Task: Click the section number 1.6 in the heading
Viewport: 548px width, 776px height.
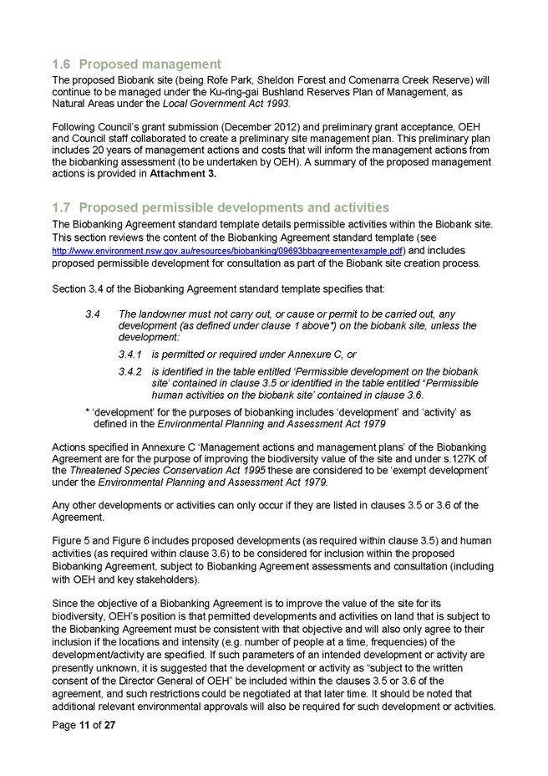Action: [62, 64]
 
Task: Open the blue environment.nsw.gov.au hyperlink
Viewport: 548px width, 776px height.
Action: [227, 251]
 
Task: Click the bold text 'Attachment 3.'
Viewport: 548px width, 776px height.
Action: [183, 173]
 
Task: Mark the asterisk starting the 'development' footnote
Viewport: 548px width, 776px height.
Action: [88, 412]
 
